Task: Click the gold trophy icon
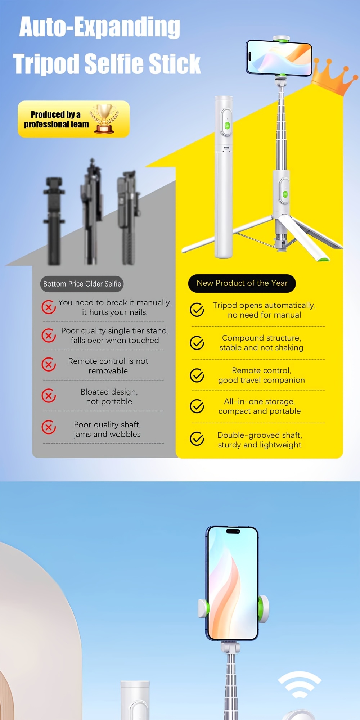coord(104,119)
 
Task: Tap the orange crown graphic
coord(333,77)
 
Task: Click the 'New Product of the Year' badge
coord(242,283)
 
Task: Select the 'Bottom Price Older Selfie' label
coord(82,284)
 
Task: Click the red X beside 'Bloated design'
coord(49,396)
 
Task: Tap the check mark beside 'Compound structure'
coord(197,343)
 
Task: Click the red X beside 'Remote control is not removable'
coord(49,364)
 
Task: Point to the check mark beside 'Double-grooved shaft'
coord(197,438)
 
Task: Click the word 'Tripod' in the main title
coord(46,64)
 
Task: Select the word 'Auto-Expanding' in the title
coord(100,27)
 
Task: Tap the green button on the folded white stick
coord(227,126)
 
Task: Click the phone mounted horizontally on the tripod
coord(279,58)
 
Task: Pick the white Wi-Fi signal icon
coord(300,685)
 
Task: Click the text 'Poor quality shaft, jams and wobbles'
coord(107,429)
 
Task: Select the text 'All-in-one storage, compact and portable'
coord(260,406)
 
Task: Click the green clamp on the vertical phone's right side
coord(262,608)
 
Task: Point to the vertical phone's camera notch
coord(233,531)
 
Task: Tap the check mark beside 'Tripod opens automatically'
coord(197,310)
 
